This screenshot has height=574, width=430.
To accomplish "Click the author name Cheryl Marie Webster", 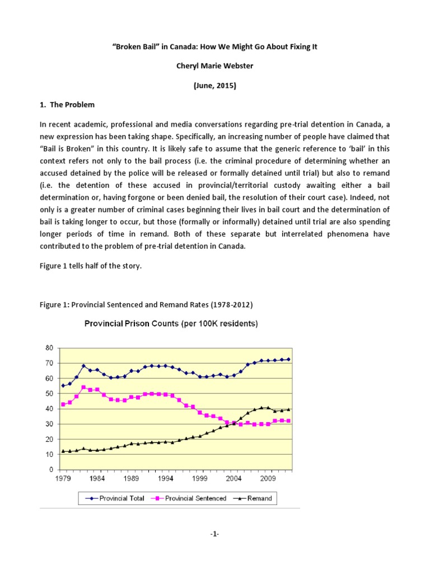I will (214, 66).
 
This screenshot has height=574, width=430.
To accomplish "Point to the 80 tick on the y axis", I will (49, 348).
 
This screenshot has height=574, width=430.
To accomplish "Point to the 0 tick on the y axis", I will (51, 469).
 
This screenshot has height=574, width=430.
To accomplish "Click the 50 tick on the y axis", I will (49, 394).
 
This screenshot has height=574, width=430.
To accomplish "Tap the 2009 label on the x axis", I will (268, 480).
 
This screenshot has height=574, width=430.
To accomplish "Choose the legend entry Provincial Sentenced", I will (191, 498).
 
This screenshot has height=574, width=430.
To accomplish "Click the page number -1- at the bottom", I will (214, 550).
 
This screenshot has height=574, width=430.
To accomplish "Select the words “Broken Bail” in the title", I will (134, 47).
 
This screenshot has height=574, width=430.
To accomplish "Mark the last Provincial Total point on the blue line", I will (289, 359).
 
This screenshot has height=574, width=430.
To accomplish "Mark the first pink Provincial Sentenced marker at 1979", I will (63, 404).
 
